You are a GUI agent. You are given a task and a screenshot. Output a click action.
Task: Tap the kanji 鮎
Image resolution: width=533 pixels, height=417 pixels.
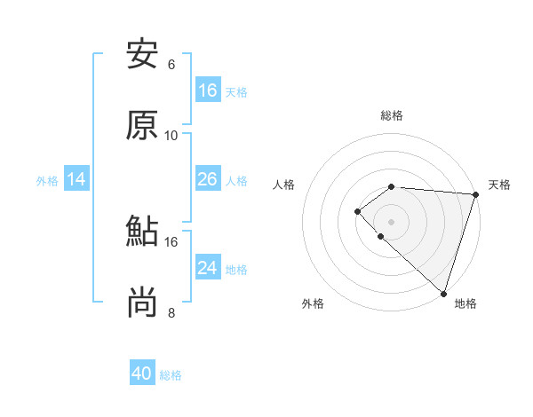[x=142, y=232]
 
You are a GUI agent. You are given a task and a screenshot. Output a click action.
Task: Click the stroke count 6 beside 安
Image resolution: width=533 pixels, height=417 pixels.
[x=171, y=65]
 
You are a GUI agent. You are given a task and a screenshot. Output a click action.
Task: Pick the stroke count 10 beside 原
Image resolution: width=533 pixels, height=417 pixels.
[x=171, y=136]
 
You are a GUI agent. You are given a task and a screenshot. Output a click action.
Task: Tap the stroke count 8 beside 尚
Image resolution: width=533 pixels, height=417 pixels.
[x=171, y=312]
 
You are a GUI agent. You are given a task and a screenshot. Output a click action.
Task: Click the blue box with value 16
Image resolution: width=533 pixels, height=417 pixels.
[x=208, y=90]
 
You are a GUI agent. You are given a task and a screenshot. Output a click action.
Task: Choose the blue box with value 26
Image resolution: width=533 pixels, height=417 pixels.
[x=208, y=179]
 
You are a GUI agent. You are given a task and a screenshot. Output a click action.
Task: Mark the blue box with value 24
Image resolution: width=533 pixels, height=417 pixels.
[x=208, y=268]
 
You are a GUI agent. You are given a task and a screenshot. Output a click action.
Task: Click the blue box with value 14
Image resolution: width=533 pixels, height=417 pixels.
[x=76, y=180]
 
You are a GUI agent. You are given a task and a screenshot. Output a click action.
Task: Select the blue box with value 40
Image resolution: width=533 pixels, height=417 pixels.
[x=142, y=374]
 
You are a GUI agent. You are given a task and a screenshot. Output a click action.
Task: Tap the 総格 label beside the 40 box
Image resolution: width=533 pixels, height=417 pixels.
[x=171, y=375]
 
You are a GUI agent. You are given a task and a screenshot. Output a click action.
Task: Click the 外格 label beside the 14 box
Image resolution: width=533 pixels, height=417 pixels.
[x=47, y=181]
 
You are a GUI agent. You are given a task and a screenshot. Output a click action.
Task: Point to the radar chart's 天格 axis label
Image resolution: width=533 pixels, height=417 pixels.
[x=499, y=185]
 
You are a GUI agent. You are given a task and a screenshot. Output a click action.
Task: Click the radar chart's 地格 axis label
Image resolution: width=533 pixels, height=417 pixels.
[x=465, y=303]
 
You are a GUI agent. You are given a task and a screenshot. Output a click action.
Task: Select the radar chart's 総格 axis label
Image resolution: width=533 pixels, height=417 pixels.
[x=392, y=115]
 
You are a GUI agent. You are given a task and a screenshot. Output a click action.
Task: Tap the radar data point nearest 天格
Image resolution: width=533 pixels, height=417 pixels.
[x=475, y=194]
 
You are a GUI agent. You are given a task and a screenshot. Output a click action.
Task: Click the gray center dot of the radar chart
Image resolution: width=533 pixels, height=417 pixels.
[x=391, y=221]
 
